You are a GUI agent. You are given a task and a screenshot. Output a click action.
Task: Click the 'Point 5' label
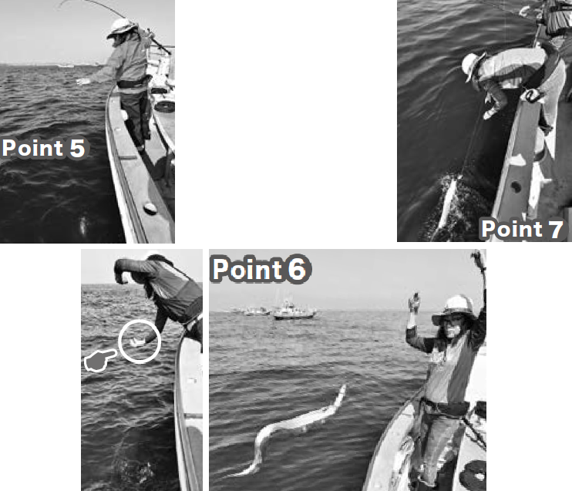click(x=43, y=148)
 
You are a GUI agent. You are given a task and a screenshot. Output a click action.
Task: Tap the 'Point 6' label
click(x=261, y=270)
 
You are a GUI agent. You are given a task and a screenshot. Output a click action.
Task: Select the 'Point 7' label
click(x=523, y=229)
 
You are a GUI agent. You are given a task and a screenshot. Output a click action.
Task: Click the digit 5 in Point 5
click(x=77, y=148)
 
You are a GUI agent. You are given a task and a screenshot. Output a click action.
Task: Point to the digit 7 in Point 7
click(x=557, y=229)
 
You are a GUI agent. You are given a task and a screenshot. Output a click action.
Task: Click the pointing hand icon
click(x=99, y=360)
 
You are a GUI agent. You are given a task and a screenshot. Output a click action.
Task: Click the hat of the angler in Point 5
click(x=120, y=27)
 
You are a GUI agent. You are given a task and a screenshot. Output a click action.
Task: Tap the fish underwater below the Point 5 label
click(x=83, y=224)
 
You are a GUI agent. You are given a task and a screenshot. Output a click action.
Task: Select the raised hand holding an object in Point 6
click(x=414, y=302)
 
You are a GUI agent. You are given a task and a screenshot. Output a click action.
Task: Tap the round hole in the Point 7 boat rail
click(x=516, y=187)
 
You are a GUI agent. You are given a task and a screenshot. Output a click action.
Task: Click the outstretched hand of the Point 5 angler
click(x=82, y=82)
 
